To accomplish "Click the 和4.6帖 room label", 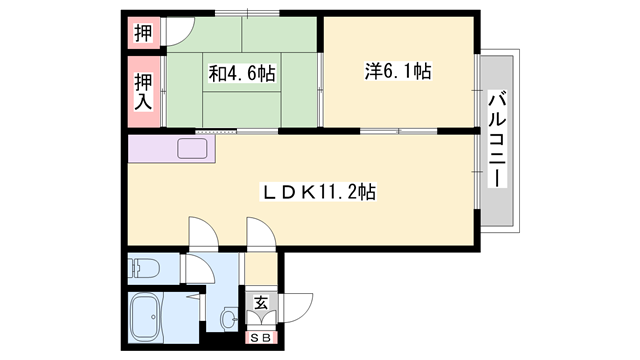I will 243,73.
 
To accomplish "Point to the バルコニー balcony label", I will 497,139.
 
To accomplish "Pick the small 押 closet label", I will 142,32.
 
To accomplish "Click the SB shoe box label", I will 260,338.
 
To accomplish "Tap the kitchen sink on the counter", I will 194,151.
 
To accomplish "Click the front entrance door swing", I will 298,304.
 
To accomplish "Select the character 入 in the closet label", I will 144,101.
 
